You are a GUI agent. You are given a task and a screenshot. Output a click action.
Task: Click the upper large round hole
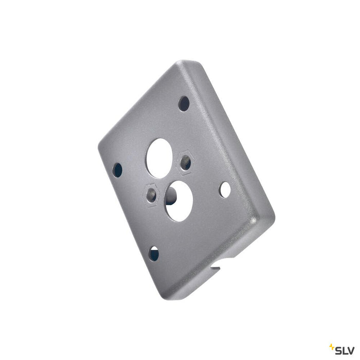(159, 151)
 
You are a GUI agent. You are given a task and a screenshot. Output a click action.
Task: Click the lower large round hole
(178, 200)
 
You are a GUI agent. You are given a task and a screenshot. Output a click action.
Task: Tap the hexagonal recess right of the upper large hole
(185, 162)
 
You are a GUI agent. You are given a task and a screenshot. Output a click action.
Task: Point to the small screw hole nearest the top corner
(184, 103)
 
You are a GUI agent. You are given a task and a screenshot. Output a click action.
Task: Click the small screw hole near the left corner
(117, 170)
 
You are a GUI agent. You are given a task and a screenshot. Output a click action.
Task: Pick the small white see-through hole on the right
(225, 189)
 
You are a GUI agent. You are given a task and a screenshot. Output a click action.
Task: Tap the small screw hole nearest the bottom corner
(154, 253)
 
